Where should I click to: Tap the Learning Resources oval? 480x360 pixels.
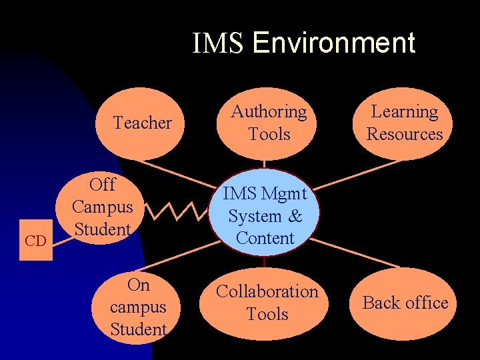pyautogui.click(x=405, y=123)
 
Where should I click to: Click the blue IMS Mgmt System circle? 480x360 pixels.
pyautogui.click(x=265, y=215)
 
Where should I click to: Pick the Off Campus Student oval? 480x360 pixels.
pyautogui.click(x=103, y=207)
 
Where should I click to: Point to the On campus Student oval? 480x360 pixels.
pyautogui.click(x=138, y=307)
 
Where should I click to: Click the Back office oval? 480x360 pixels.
pyautogui.click(x=405, y=303)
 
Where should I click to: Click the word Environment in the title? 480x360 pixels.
pyautogui.click(x=334, y=43)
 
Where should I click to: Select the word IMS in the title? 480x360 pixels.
pyautogui.click(x=219, y=43)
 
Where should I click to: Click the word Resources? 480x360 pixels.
pyautogui.click(x=405, y=134)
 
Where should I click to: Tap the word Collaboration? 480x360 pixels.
pyautogui.click(x=267, y=292)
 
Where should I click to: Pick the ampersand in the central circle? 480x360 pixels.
pyautogui.click(x=295, y=216)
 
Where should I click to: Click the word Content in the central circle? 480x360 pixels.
pyautogui.click(x=265, y=238)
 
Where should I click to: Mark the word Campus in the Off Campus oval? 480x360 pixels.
pyautogui.click(x=103, y=207)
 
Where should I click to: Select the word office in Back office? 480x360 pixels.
pyautogui.click(x=425, y=303)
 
